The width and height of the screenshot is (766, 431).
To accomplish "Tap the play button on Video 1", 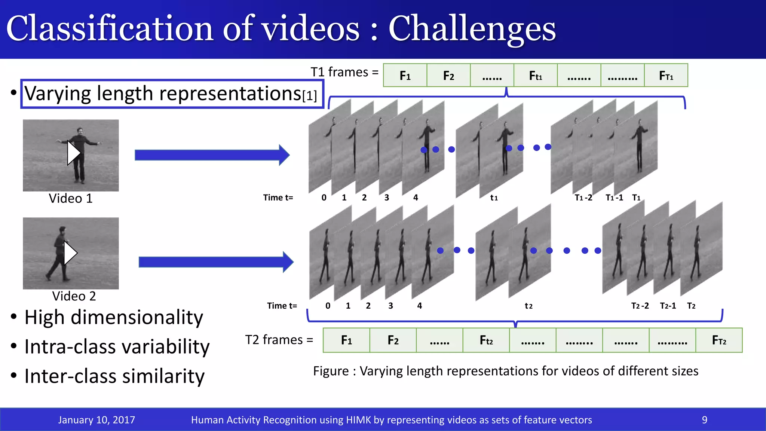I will [74, 153].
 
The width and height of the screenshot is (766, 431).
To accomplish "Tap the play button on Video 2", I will [70, 253].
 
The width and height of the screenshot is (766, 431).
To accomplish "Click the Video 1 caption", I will [71, 198].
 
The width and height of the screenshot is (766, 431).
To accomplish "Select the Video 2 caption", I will [74, 296].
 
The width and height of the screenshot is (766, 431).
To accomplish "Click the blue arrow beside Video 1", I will [212, 155].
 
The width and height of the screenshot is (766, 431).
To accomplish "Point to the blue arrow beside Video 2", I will [216, 262].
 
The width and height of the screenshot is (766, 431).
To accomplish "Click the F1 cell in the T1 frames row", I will [405, 76].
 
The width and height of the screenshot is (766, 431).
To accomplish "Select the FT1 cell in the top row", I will [666, 76].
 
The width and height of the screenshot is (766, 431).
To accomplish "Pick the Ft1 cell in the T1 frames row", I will [535, 76].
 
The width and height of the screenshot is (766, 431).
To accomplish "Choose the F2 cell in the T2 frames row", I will [393, 340].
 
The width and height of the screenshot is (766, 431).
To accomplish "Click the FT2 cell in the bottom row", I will [718, 340].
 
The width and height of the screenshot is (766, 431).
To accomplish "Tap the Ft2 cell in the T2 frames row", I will [486, 340].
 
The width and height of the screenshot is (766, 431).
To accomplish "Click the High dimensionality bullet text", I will [114, 317].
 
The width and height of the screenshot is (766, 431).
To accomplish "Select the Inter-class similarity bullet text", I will [114, 376].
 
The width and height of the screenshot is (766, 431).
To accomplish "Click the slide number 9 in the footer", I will [704, 420].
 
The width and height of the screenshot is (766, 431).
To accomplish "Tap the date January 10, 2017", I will [96, 420].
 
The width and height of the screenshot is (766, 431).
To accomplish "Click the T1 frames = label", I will [344, 72].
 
